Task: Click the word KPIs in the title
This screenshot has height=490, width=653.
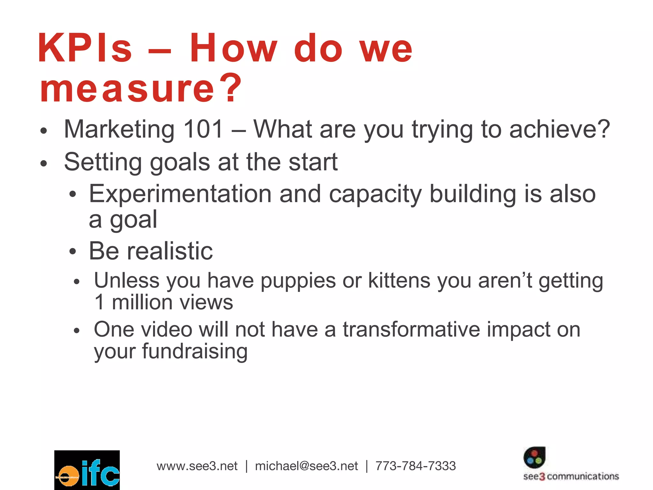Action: (x=85, y=48)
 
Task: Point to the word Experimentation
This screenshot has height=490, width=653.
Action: (x=180, y=194)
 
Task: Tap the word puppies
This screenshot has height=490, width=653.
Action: (x=298, y=281)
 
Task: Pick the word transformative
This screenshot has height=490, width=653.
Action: (x=411, y=329)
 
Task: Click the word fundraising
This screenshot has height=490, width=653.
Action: (x=195, y=351)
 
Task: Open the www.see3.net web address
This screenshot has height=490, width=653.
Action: (x=197, y=466)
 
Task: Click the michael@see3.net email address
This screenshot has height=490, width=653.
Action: (x=306, y=466)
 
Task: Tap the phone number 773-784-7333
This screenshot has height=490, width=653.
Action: (x=415, y=466)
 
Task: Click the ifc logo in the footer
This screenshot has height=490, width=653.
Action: (x=87, y=470)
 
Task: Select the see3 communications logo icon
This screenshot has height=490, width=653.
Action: (x=534, y=457)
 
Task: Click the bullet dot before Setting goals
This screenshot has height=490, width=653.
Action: (x=44, y=163)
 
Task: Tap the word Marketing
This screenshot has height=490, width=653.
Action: (x=119, y=129)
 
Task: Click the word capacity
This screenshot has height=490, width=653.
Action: (x=375, y=194)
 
